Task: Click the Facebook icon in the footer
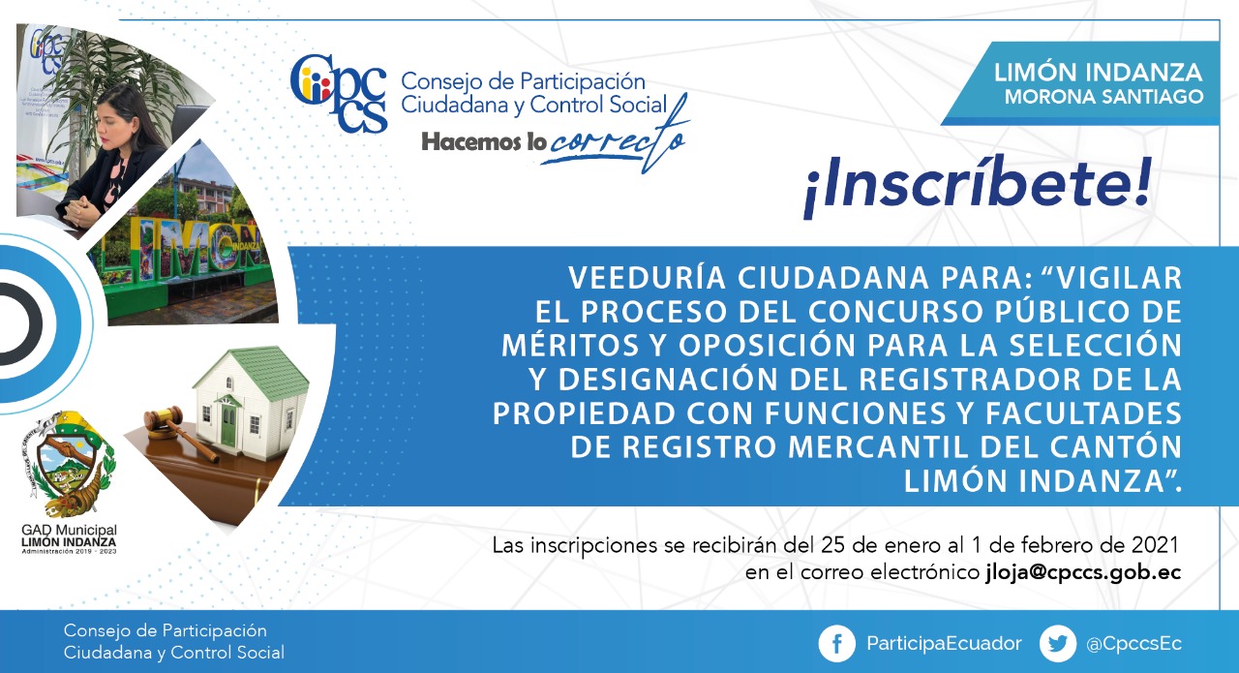point(837,644)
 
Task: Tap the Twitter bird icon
point(1058,644)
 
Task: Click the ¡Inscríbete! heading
point(978,185)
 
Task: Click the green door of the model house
point(227,425)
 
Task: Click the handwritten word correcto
point(613,138)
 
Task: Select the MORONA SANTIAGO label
point(1104,97)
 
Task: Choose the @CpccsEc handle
point(1133,644)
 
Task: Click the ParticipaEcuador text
point(944,644)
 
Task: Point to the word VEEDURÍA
point(647,277)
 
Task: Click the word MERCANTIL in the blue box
point(878,447)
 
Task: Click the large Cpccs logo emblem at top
point(339,93)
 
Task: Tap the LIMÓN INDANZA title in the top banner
point(1098,73)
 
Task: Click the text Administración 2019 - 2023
point(69,552)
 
